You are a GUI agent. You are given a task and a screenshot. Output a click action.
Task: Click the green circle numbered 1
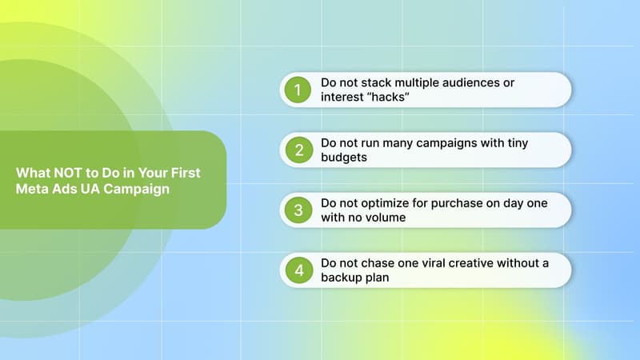[x=298, y=90]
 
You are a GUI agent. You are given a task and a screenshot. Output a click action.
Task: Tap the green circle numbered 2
[x=298, y=150]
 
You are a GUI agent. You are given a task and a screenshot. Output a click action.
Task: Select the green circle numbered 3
[x=298, y=210]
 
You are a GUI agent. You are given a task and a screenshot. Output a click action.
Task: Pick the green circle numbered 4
[x=298, y=270]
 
